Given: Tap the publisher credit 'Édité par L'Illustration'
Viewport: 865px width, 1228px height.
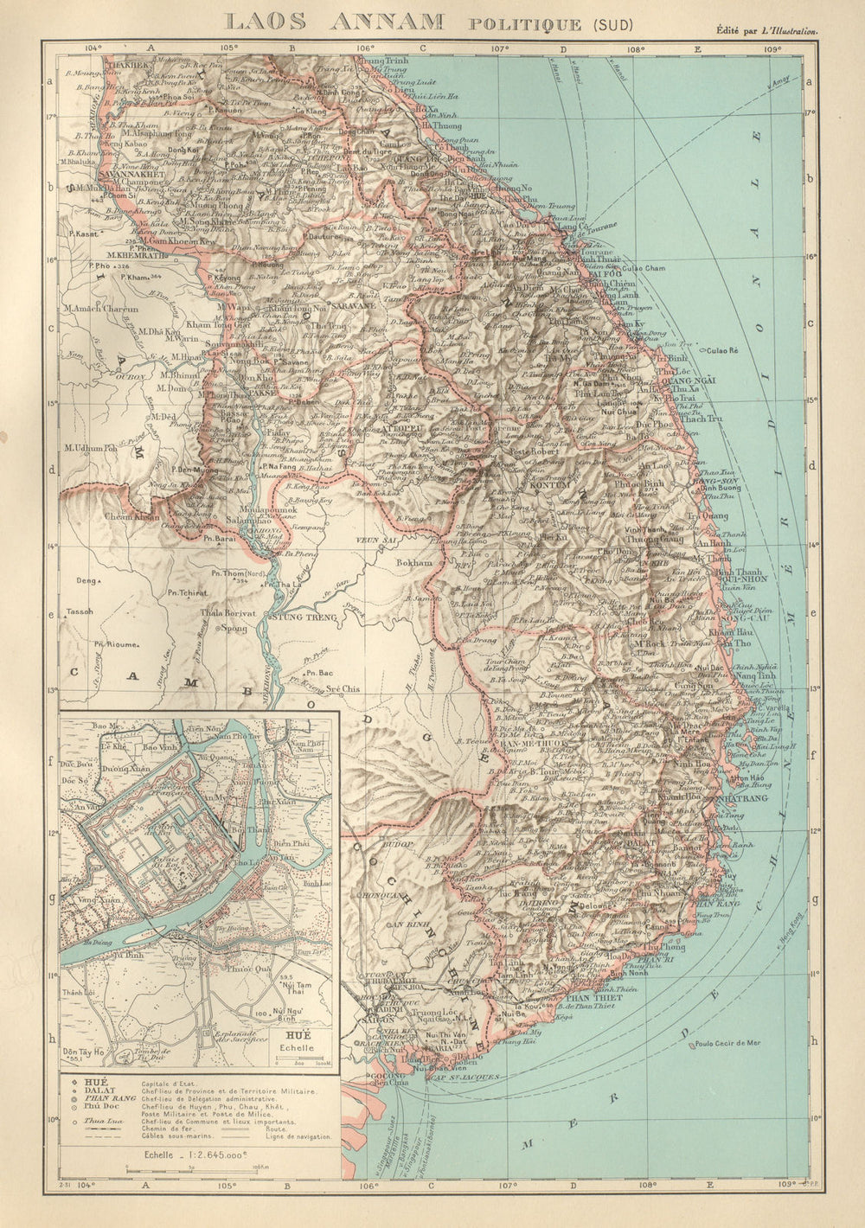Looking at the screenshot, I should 766,30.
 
